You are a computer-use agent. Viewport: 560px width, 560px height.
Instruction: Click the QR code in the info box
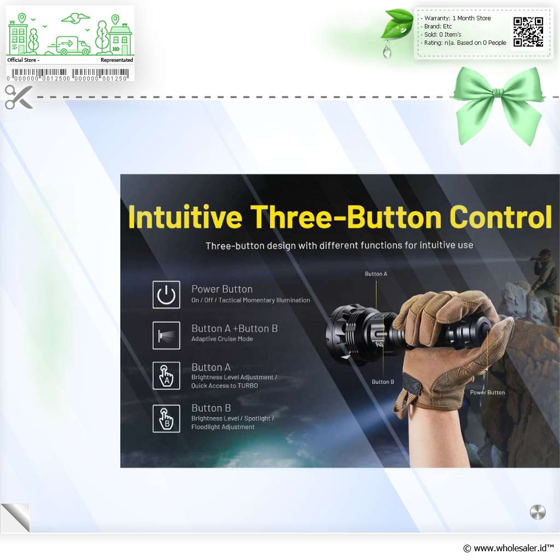pos(528,32)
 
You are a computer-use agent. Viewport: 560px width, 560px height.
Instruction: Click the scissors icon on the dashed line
pos(19,97)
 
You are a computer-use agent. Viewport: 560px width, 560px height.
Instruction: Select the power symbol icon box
pos(166,295)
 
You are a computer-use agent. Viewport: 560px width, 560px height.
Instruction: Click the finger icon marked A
pos(166,376)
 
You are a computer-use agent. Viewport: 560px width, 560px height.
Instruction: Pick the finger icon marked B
pos(166,418)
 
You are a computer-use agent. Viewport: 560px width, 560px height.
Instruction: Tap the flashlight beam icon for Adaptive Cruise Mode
pos(166,335)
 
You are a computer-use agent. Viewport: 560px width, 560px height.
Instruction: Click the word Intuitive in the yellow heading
pos(185,217)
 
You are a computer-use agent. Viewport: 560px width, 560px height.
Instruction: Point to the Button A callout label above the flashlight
pos(376,274)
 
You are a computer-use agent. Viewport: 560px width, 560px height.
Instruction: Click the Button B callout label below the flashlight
pos(383,382)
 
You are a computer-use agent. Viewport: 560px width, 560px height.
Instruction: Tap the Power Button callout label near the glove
pos(487,393)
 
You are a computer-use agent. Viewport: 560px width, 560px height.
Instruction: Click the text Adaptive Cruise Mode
pos(222,339)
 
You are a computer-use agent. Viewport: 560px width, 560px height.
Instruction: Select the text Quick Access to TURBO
pos(225,386)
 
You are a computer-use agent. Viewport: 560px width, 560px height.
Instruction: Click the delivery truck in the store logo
pos(69,45)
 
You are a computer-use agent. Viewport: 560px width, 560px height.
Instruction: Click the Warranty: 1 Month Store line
pos(458,18)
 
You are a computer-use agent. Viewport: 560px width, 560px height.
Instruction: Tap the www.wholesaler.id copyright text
pos(509,548)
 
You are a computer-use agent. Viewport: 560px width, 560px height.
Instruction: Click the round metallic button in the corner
pos(538,512)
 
